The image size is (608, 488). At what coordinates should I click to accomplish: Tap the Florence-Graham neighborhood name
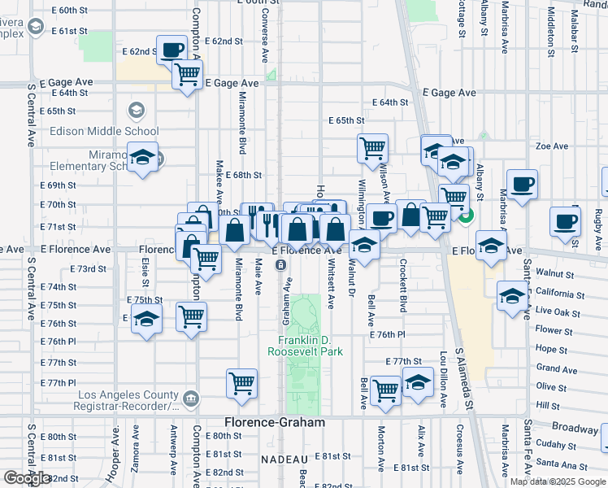(x=275, y=423)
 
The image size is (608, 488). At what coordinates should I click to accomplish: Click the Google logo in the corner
(x=27, y=478)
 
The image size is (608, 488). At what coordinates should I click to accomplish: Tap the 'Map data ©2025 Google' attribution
(x=558, y=481)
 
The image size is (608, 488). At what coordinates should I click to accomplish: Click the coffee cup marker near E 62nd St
(x=172, y=50)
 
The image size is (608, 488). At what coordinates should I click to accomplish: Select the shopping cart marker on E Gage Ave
(x=188, y=74)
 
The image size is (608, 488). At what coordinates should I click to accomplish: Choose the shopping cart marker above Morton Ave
(x=385, y=390)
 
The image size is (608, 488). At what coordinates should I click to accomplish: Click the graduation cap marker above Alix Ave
(x=418, y=382)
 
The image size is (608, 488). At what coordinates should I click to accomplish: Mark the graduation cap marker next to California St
(x=512, y=296)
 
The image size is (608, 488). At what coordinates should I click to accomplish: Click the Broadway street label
(x=574, y=427)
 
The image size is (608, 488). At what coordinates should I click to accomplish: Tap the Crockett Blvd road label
(x=402, y=285)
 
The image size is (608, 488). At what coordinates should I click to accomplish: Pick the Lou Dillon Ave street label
(x=444, y=379)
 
